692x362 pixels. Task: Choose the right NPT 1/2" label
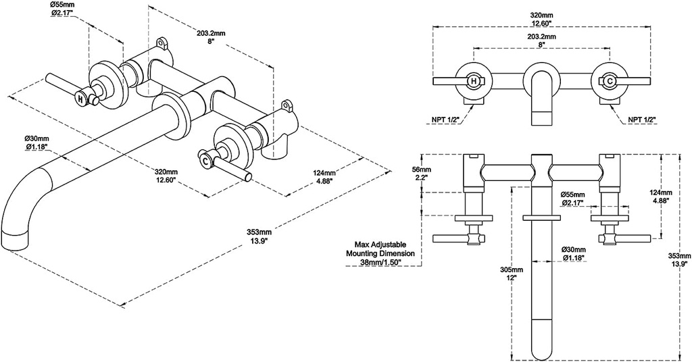[x=642, y=120]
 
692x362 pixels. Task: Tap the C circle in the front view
[x=610, y=81]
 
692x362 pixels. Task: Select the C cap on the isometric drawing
[x=205, y=159]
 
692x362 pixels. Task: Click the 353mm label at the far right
[x=678, y=260]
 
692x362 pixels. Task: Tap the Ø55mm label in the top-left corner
[x=61, y=9]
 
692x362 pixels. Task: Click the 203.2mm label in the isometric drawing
[x=210, y=35]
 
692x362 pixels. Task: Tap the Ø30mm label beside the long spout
[x=572, y=253]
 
